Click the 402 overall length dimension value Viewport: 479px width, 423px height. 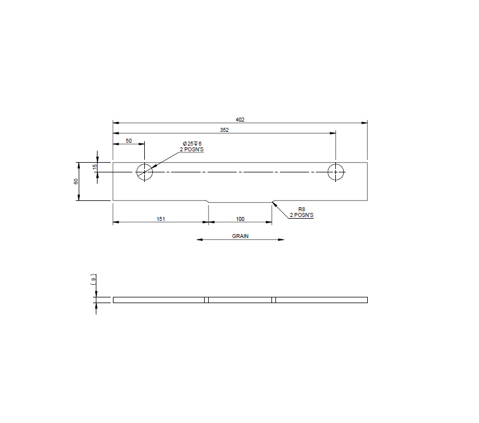point(240,119)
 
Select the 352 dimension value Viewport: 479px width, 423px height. point(224,130)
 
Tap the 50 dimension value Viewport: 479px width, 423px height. point(128,140)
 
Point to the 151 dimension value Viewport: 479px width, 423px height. point(161,219)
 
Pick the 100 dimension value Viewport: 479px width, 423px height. point(240,219)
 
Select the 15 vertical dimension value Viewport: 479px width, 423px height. point(95,166)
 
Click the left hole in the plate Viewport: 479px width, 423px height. point(145,171)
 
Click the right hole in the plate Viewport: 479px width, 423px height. point(336,171)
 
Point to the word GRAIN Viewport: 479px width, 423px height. point(240,236)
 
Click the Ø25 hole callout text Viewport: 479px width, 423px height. point(192,143)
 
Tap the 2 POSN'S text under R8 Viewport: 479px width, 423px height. point(302,215)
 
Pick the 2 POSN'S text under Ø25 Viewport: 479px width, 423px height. point(192,149)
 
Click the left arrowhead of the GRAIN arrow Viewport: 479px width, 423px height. point(199,240)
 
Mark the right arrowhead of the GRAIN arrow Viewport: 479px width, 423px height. point(282,240)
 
